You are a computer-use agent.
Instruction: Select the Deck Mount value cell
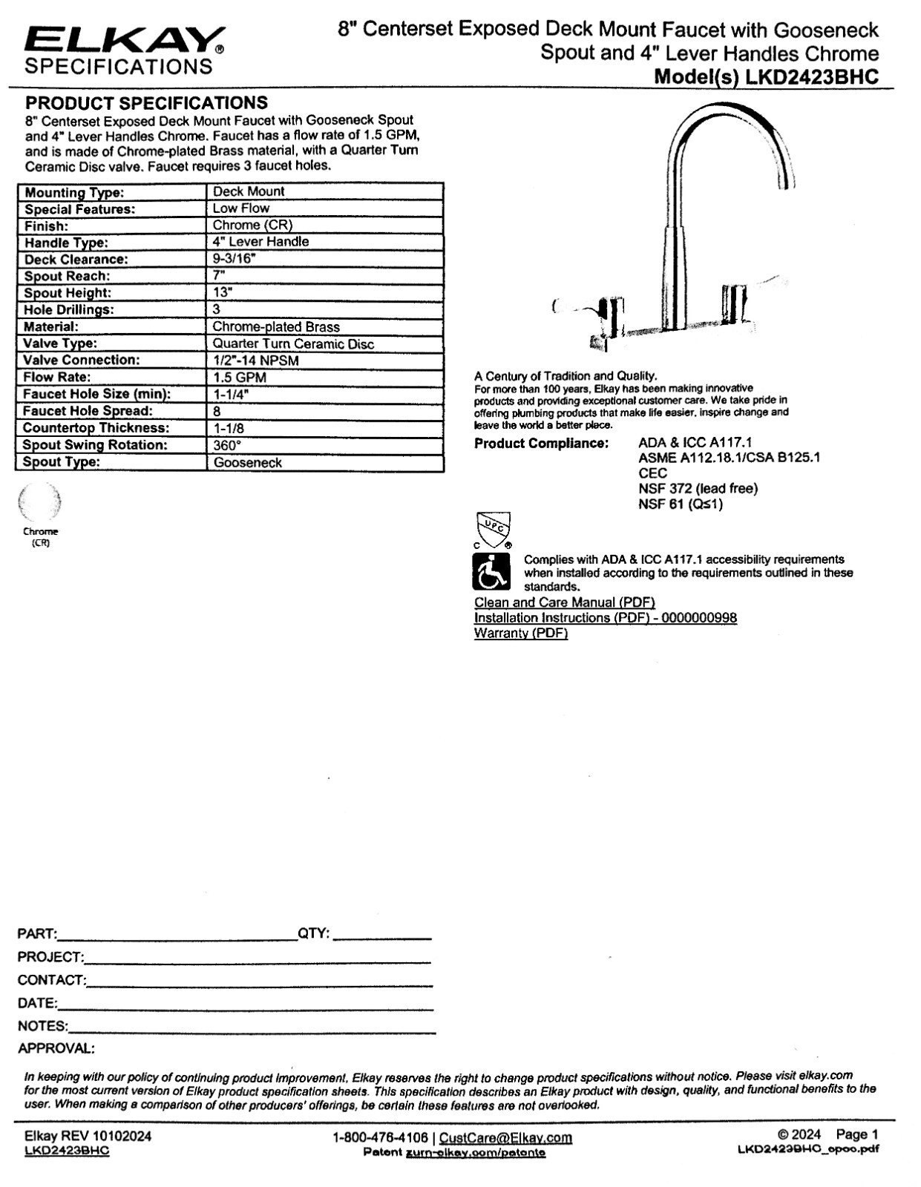coord(249,191)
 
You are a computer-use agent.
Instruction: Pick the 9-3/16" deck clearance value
coord(235,259)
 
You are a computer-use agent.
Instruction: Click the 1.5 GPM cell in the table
coord(239,377)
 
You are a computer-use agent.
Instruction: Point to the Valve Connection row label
coord(81,360)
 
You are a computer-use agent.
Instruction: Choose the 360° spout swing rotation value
coord(227,445)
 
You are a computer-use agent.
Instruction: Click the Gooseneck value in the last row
coord(248,462)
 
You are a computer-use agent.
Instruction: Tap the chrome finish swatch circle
coord(40,503)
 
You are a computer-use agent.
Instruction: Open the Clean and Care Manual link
coord(564,602)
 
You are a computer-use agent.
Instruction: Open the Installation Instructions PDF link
coord(605,618)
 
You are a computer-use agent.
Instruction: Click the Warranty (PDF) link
coord(521,633)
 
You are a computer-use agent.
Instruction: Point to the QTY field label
coord(313,933)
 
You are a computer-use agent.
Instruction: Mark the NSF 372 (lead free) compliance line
coord(698,488)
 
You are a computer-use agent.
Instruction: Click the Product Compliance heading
coord(541,444)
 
